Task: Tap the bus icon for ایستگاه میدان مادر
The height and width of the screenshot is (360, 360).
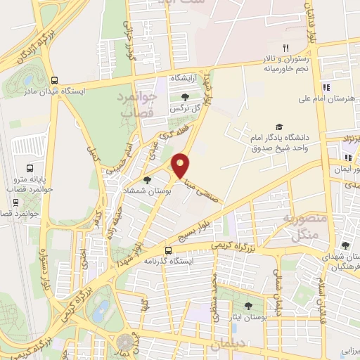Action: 55,79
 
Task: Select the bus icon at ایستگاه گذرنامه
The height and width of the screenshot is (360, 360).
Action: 168,250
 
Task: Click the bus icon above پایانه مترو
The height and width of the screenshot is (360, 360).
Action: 30,168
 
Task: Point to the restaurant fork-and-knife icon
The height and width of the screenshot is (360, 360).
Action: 285,48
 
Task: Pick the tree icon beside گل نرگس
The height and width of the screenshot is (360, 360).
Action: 184,97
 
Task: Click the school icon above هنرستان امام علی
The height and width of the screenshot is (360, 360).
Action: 325,88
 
